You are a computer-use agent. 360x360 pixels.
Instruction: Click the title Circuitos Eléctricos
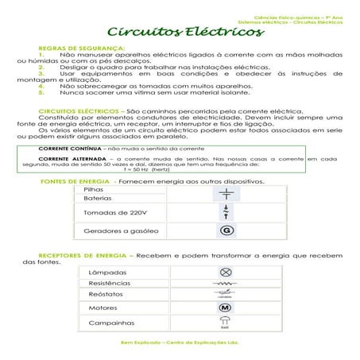coord(184,34)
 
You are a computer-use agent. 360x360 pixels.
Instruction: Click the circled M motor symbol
coord(224,308)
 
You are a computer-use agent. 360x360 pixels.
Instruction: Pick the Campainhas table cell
coord(110,323)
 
